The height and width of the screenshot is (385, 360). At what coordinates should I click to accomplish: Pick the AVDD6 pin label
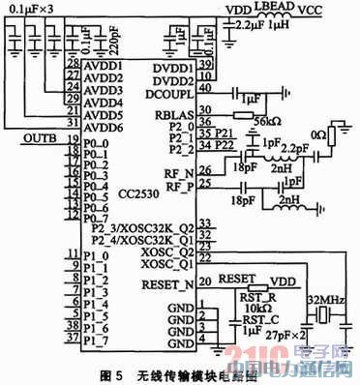[x=102, y=126]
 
